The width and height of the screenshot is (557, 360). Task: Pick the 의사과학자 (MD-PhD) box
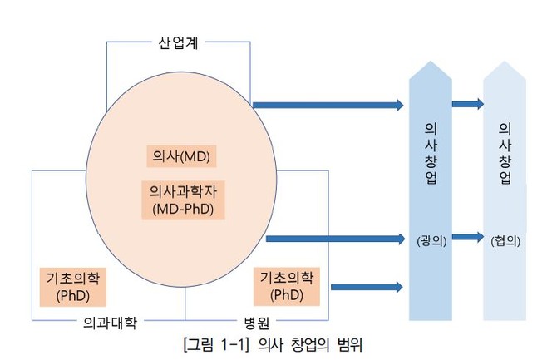pyautogui.click(x=183, y=200)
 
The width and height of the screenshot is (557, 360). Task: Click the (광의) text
pyautogui.click(x=431, y=240)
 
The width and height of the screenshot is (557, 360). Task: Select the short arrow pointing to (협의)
pyautogui.click(x=467, y=237)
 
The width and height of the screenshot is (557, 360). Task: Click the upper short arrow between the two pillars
pyautogui.click(x=467, y=104)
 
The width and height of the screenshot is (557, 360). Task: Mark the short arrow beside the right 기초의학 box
pyautogui.click(x=367, y=288)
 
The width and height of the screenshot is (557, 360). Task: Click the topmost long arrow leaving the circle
pyautogui.click(x=328, y=105)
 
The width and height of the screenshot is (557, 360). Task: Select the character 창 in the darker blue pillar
pyautogui.click(x=431, y=159)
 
